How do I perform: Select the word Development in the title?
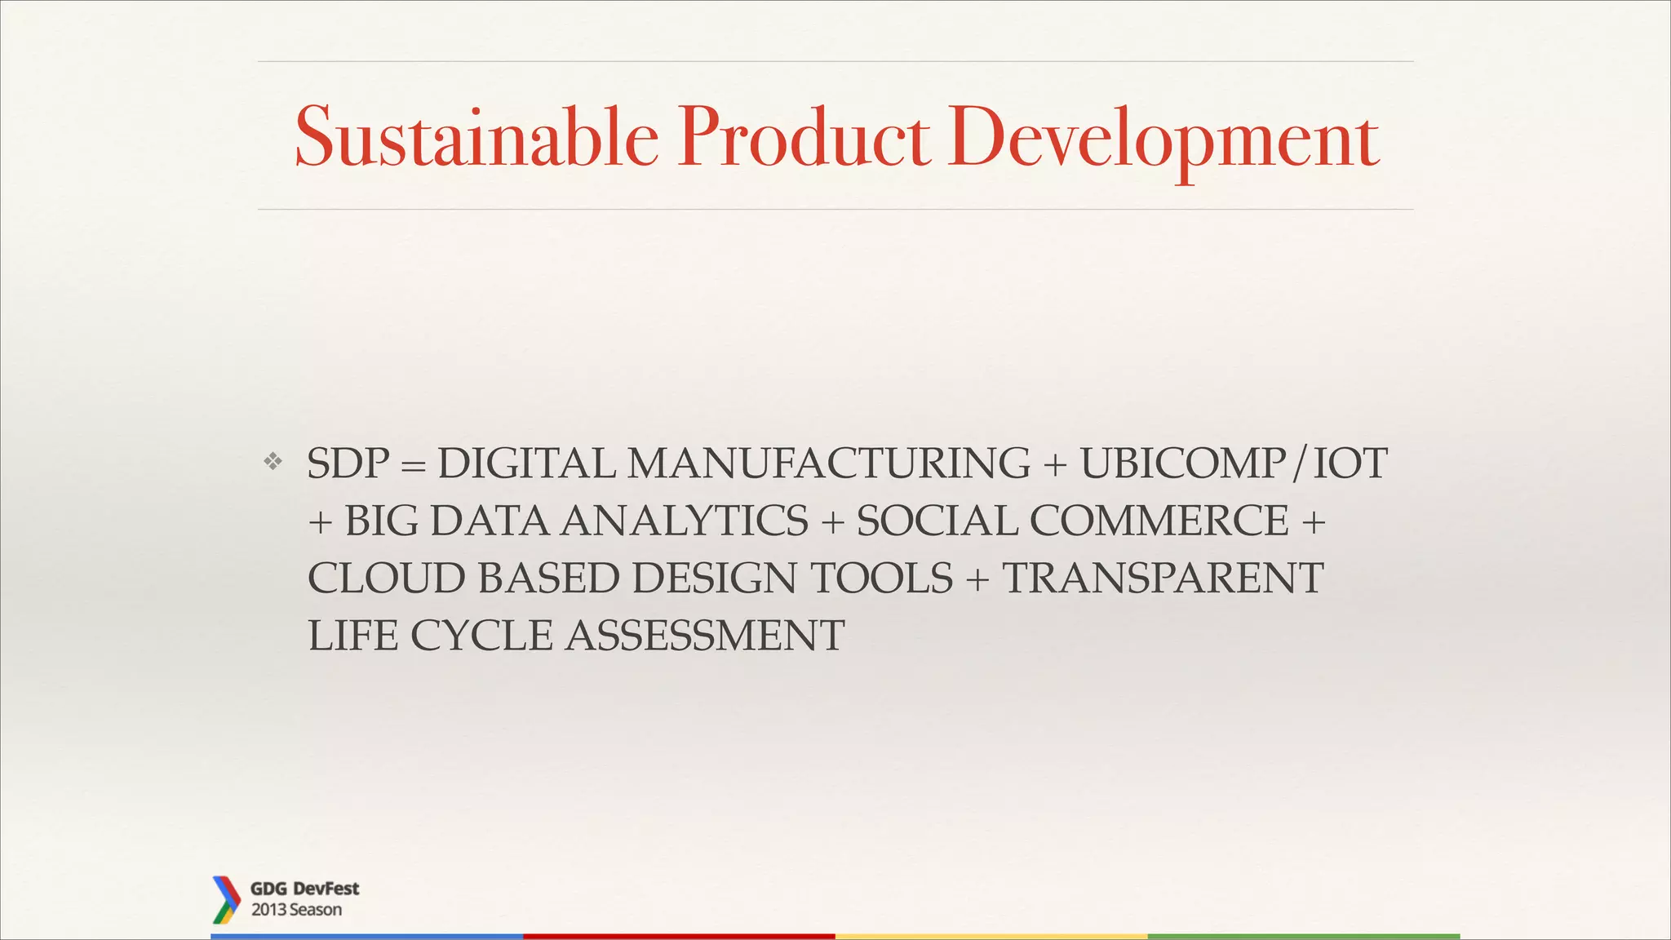[1163, 139]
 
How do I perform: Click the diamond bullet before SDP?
[273, 462]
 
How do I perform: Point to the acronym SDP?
[348, 463]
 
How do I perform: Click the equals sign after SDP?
[414, 465]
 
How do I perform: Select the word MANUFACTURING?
[828, 463]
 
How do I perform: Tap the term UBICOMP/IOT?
[1233, 463]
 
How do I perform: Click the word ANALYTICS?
[685, 521]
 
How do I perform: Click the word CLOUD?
[385, 578]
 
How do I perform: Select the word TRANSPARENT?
[1162, 578]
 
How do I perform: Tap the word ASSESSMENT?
[705, 636]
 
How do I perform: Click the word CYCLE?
[481, 636]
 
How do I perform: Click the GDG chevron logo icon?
[225, 899]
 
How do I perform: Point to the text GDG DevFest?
[304, 889]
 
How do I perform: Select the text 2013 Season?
[296, 910]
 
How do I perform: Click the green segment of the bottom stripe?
[1303, 936]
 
